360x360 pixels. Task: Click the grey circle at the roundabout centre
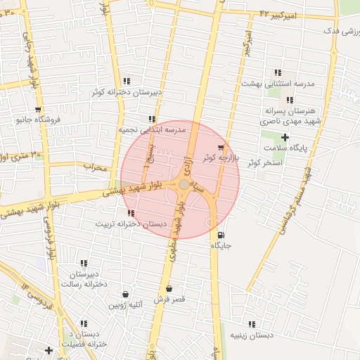coord(184,184)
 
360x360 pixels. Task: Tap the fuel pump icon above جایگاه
coord(222,235)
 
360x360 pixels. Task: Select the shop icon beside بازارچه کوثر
coord(221,148)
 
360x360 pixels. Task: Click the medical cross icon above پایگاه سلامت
coord(285,137)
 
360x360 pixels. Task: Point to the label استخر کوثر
coord(264,162)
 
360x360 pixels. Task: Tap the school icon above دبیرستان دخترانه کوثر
coord(127,81)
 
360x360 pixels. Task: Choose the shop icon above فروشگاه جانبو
coord(38,110)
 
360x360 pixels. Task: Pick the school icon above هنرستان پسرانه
coord(290,100)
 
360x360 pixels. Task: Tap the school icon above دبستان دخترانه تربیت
coord(131,212)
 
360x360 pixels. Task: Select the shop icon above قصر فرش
coord(169,288)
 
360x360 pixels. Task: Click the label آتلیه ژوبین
coord(126,305)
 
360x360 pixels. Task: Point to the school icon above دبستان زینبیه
coord(252,324)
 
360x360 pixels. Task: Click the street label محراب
coord(95,167)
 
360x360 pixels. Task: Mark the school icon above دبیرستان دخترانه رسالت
coord(84,263)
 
